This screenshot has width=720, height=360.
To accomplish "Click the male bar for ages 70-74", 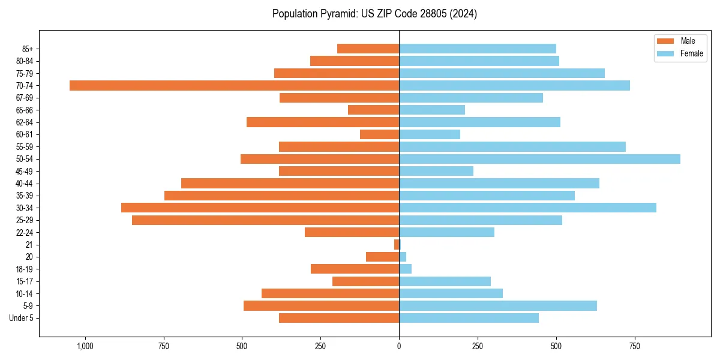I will coord(234,85).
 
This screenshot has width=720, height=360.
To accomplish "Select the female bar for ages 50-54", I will coord(539,159).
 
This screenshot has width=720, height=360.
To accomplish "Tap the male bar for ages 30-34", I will coord(260,208).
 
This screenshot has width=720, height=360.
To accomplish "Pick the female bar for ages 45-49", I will coord(436,171).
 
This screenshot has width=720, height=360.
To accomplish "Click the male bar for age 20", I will coord(382,257).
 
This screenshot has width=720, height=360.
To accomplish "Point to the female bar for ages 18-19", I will coord(406,269).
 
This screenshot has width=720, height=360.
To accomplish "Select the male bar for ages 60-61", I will coord(379,134).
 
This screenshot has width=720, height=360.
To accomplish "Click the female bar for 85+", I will coord(478,49).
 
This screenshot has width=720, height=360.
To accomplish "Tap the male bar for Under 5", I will coord(339,318).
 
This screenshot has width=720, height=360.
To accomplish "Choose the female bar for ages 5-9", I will coord(498,305).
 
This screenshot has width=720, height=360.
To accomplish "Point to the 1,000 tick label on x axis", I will coord(85,346).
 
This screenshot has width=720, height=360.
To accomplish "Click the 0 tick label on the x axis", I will coord(399,346).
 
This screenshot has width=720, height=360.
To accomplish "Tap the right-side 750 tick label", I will coord(634,346).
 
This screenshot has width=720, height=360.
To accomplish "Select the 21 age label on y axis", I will coord(29,245).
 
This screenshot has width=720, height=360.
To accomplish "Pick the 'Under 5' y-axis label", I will coord(22,318).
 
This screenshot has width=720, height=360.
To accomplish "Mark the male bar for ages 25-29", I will coord(265,220).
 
